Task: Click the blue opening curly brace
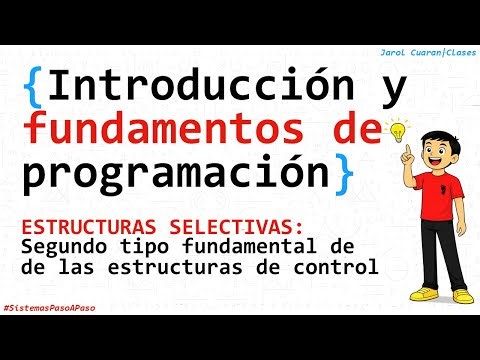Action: [34, 88]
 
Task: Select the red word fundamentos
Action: [158, 130]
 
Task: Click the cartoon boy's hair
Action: [438, 137]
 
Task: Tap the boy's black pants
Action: [436, 261]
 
